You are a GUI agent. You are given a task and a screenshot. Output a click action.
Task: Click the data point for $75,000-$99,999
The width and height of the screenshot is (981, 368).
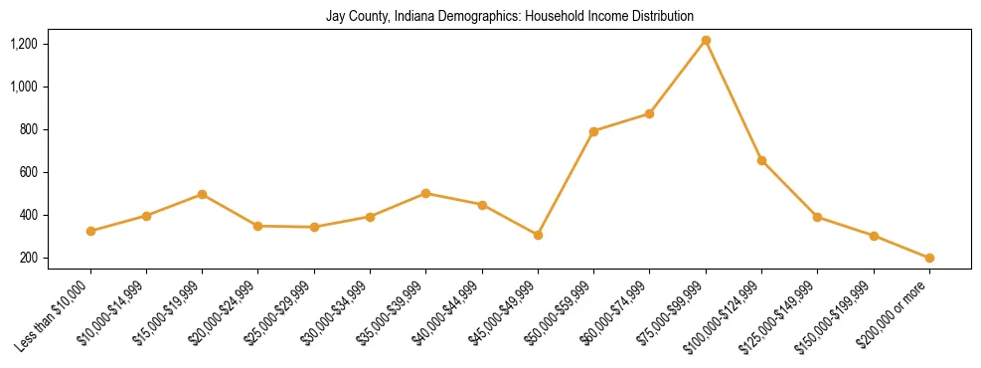click(x=706, y=40)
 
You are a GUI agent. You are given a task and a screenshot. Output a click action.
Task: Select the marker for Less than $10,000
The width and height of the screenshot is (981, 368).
click(x=90, y=231)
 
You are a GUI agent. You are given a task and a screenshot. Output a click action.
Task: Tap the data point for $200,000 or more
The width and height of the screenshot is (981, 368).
click(x=929, y=258)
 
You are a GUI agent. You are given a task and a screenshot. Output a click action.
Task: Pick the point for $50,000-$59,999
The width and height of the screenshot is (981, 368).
click(x=593, y=131)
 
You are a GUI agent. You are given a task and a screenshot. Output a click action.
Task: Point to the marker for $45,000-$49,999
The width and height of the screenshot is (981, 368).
click(x=538, y=235)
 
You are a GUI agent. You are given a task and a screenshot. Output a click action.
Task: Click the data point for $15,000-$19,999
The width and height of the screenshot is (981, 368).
click(x=203, y=194)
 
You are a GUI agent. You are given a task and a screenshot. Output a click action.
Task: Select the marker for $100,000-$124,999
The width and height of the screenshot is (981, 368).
click(x=761, y=160)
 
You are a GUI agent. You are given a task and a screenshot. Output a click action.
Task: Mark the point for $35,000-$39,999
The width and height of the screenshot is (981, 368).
click(x=426, y=193)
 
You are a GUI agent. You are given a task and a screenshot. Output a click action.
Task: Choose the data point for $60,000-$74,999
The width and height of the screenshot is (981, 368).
click(x=649, y=113)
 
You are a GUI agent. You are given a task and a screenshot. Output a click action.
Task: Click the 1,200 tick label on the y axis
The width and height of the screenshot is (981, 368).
click(x=23, y=44)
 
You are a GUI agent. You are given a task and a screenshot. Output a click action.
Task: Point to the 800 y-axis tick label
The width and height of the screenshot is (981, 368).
click(x=27, y=129)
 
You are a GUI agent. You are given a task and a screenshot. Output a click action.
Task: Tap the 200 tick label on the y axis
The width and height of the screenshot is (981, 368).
click(x=27, y=258)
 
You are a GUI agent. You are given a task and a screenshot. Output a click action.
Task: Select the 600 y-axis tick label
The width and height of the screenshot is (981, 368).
click(x=27, y=172)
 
